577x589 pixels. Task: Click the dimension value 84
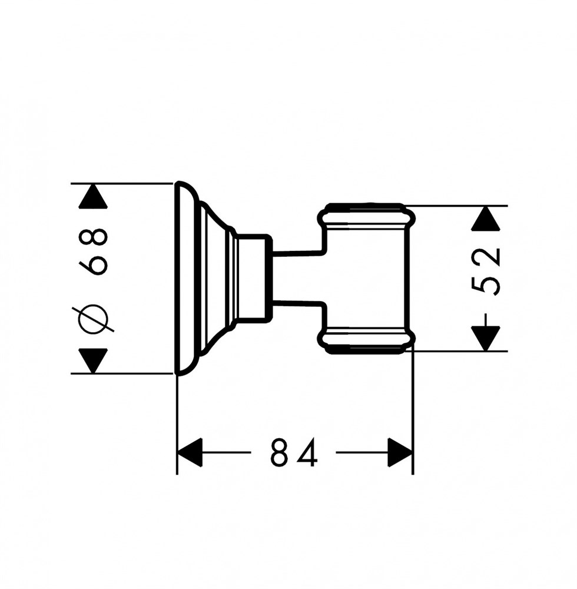tap(294, 452)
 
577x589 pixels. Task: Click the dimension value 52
tap(486, 271)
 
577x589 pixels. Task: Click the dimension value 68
tap(93, 252)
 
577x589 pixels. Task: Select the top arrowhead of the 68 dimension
tap(93, 196)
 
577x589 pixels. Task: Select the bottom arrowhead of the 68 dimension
tap(93, 361)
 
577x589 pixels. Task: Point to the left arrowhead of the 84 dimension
tap(190, 452)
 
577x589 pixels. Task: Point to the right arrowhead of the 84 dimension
tap(400, 452)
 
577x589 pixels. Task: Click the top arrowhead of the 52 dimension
tap(486, 219)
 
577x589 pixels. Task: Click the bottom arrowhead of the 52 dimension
tap(486, 339)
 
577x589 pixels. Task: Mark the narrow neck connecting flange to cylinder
tap(297, 279)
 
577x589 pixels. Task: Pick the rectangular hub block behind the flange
tap(253, 279)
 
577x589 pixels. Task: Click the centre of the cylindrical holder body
tap(366, 279)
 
